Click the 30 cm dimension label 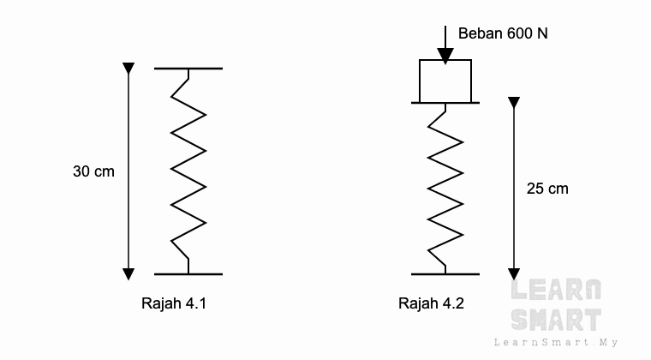[93, 171]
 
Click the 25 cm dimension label [547, 189]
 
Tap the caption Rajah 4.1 [174, 303]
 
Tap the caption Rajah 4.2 [431, 303]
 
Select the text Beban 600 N [503, 33]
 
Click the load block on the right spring [445, 81]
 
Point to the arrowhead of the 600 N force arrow [445, 56]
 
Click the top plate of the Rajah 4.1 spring [188, 69]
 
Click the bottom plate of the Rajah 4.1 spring [188, 274]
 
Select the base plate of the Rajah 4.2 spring [445, 274]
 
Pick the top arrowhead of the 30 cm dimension [128, 69]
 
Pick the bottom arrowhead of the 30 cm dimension [128, 274]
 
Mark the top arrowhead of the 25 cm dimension [514, 103]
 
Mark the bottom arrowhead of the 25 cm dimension [514, 274]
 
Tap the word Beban [476, 33]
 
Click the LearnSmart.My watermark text [556, 343]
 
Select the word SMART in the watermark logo [556, 320]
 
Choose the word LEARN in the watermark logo [556, 290]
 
